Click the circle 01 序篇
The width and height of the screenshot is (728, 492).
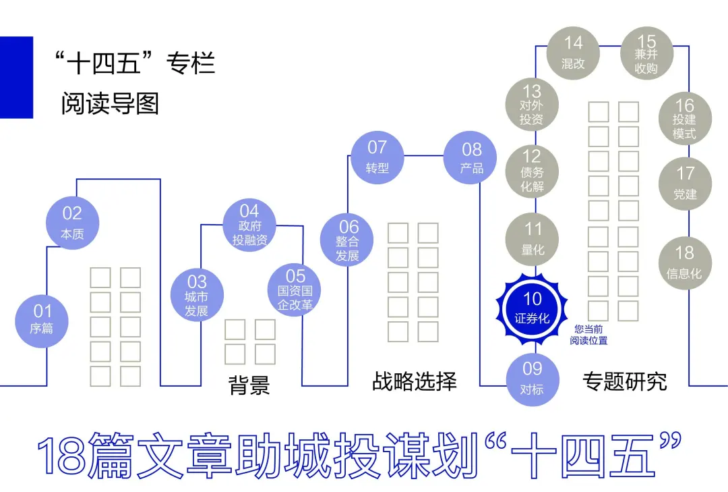click(x=42, y=320)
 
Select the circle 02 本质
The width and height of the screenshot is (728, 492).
click(x=72, y=223)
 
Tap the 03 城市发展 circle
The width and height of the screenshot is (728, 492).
click(x=197, y=295)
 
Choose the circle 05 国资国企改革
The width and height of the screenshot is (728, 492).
click(x=295, y=289)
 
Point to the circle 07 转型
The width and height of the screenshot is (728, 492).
click(x=377, y=157)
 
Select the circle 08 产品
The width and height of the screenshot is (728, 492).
click(x=471, y=157)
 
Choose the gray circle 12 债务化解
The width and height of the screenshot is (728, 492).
click(x=533, y=171)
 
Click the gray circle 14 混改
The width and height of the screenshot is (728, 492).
click(x=573, y=53)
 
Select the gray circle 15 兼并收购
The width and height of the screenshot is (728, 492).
click(x=646, y=53)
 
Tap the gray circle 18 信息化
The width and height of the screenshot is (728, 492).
click(x=684, y=263)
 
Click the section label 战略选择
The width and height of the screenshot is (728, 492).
click(x=414, y=381)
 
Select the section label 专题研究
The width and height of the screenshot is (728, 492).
click(x=624, y=381)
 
